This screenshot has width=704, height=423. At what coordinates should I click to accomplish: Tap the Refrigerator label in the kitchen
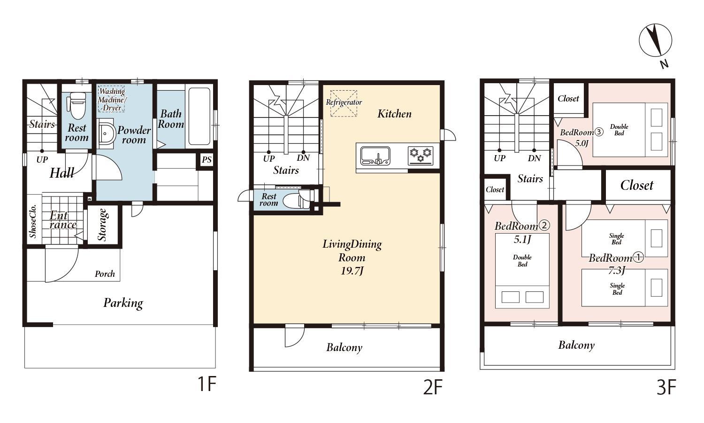[344, 102]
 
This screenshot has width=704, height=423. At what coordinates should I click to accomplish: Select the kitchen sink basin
[375, 156]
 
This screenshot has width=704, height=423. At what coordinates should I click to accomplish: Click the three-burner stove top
[421, 156]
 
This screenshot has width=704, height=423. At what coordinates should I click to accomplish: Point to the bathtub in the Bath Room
[199, 117]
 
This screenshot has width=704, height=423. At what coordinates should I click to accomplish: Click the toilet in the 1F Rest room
[76, 106]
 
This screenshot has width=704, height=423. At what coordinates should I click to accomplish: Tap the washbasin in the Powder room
[106, 134]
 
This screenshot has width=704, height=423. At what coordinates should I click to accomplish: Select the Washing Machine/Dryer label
[112, 100]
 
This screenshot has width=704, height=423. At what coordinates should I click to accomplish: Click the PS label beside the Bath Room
[207, 160]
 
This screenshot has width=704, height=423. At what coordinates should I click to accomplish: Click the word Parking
[123, 303]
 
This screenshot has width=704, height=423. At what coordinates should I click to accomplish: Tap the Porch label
[105, 274]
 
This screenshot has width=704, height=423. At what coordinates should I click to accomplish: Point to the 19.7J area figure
[352, 271]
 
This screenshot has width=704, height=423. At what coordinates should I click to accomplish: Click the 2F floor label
[432, 387]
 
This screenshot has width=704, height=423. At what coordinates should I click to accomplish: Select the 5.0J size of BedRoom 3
[582, 143]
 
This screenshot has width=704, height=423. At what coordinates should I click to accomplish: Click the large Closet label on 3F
[637, 185]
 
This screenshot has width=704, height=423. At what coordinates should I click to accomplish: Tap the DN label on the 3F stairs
[534, 158]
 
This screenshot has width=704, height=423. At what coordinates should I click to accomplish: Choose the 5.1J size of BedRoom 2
[522, 240]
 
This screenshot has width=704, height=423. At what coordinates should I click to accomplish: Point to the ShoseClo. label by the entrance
[33, 221]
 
